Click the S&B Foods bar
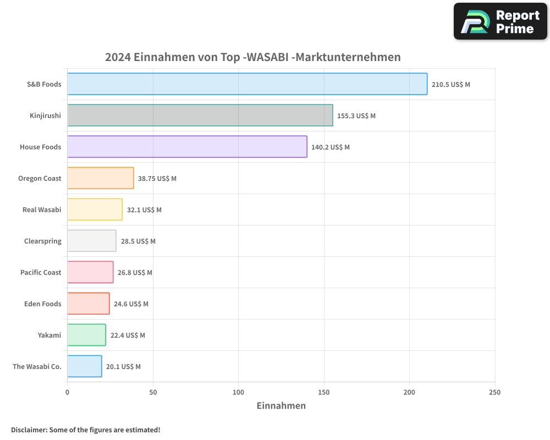point(247,84)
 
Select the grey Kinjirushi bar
point(200,116)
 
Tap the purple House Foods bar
point(187,147)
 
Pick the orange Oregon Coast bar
point(100,178)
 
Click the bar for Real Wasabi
point(95,210)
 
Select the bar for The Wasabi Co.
point(84,366)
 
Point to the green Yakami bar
point(86,335)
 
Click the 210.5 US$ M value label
point(450,85)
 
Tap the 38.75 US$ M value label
point(157,179)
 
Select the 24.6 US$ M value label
point(130,304)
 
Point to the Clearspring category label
point(43,241)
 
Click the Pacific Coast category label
point(41,273)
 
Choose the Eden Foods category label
point(43,304)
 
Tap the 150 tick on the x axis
point(324,393)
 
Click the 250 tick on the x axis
point(495,393)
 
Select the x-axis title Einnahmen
point(281,406)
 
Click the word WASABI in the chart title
point(268,57)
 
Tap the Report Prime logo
point(500,21)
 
